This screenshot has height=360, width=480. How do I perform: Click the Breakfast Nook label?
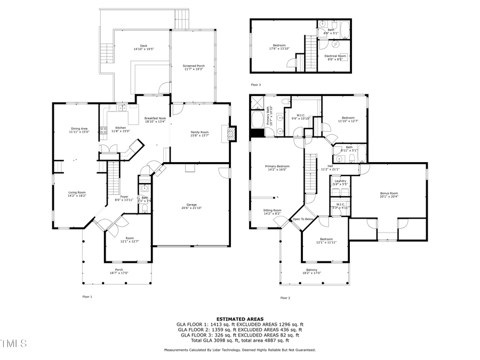(x=155, y=119)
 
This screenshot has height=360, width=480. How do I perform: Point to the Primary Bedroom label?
(x=277, y=167)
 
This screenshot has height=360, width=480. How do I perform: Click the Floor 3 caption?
(x=256, y=85)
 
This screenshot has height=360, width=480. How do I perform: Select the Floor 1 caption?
(x=87, y=297)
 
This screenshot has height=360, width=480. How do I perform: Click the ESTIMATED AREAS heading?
(x=239, y=318)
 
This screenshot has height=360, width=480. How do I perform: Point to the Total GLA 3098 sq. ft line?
(x=239, y=340)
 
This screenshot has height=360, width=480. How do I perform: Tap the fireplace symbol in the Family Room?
(x=231, y=133)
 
